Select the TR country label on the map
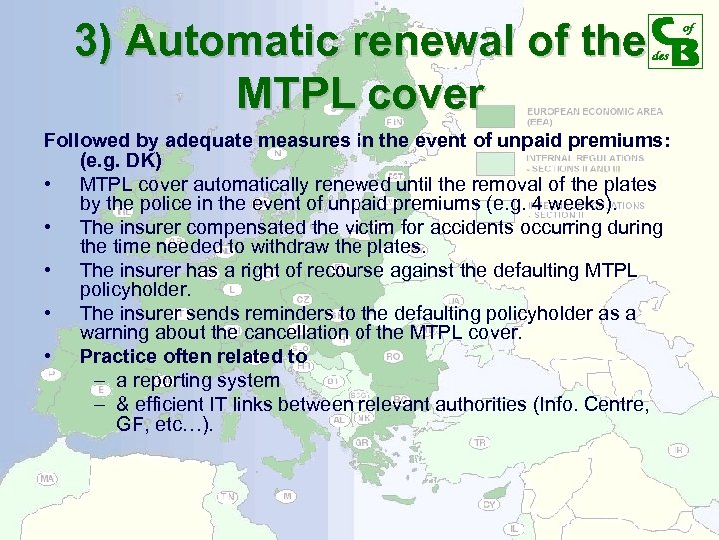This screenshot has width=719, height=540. tap(480, 443)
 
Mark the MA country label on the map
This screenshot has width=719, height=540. tap(46, 479)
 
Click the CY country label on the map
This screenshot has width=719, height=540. tap(489, 504)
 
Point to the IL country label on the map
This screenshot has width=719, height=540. tap(514, 528)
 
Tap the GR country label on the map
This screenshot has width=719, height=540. tap(361, 442)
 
